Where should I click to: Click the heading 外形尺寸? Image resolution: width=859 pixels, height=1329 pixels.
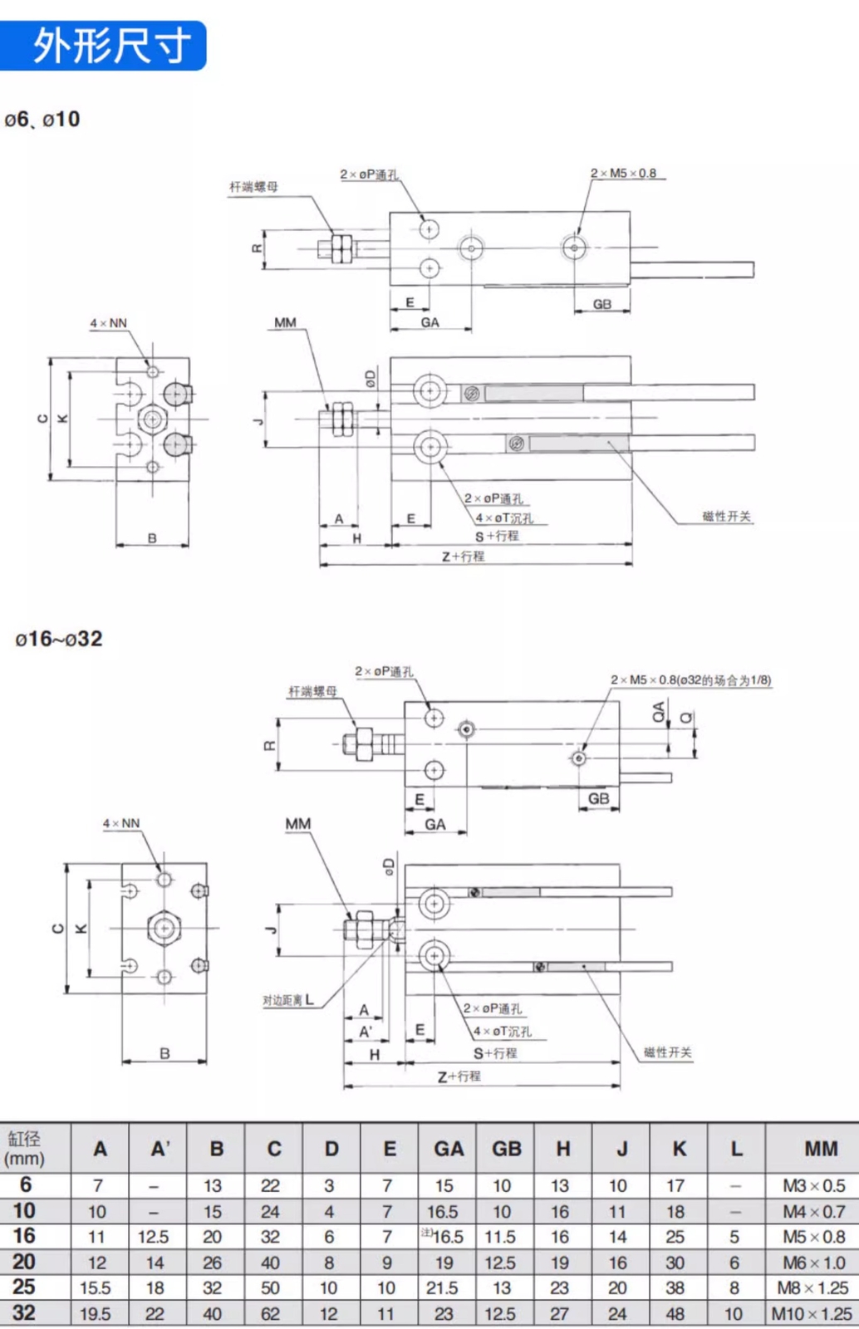click(110, 46)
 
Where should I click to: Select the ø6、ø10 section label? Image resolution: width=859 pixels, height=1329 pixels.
click(42, 120)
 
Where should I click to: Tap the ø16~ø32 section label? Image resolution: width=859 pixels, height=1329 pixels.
click(58, 639)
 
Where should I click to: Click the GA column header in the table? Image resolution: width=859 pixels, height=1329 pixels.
click(448, 1149)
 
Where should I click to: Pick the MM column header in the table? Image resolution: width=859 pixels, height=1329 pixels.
click(820, 1149)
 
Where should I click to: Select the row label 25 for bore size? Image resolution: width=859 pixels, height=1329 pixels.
click(24, 1287)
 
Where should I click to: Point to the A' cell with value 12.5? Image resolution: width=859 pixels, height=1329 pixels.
click(153, 1237)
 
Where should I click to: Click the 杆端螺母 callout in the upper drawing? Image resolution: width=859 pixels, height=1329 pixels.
click(253, 187)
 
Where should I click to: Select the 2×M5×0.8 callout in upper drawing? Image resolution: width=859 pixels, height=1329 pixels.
click(623, 173)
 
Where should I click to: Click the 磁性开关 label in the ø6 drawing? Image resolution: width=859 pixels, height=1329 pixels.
click(726, 517)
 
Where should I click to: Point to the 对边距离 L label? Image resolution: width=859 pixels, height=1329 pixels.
click(287, 1000)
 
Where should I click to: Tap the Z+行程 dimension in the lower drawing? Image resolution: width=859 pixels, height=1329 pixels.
click(459, 1076)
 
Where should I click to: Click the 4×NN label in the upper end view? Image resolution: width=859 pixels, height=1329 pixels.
click(108, 323)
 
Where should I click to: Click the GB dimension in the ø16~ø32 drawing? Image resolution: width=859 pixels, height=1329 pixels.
click(598, 798)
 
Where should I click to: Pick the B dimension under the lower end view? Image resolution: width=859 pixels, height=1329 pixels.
click(164, 1053)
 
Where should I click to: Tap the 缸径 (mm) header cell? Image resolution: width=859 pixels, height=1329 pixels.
click(25, 1149)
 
